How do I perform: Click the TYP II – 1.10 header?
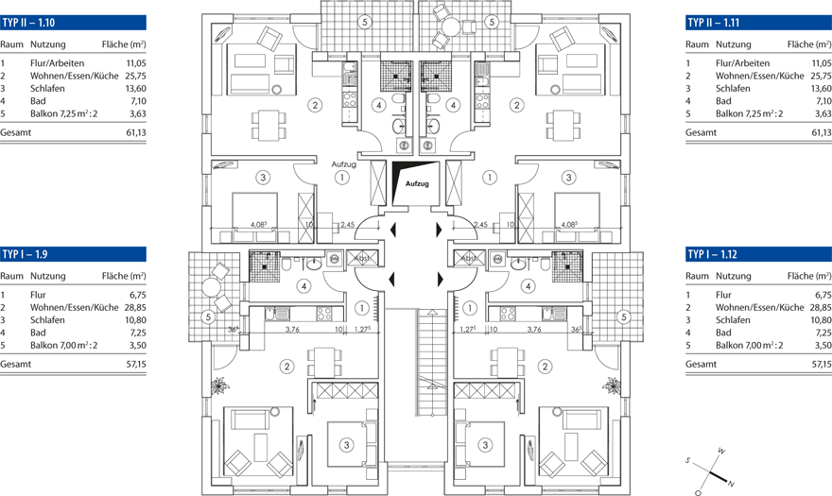coord(28,22)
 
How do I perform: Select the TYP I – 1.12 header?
coord(714,254)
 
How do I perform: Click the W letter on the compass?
coord(721,451)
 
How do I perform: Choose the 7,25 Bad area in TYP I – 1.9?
coord(133,334)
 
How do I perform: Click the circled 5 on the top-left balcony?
coord(364,21)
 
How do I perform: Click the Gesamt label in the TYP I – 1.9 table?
coord(15,364)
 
